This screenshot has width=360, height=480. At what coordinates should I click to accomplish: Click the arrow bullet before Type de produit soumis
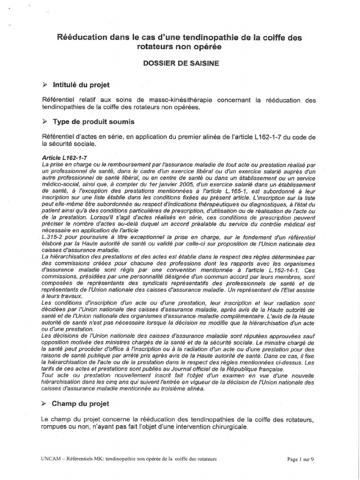coord(44,122)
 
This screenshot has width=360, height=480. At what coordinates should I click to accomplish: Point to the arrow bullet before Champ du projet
coord(44,403)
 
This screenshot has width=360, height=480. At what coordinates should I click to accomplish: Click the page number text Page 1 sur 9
coord(300,459)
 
